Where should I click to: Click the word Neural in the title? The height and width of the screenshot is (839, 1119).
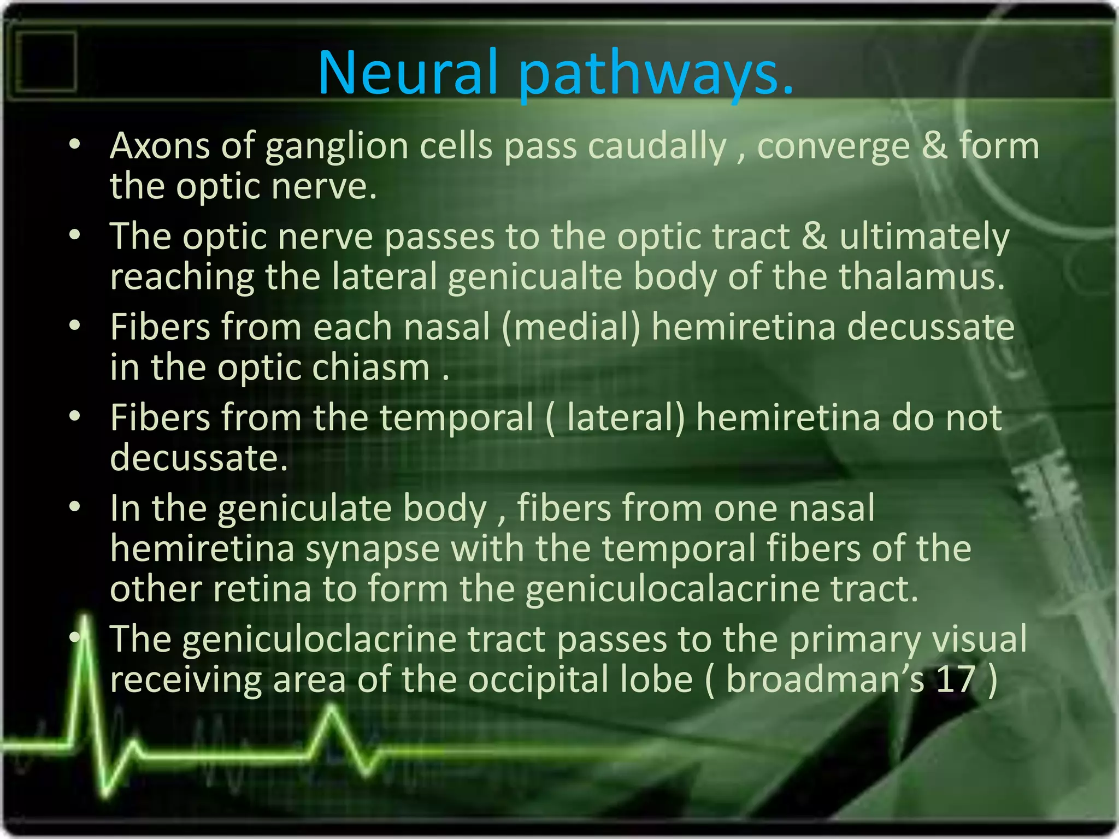tap(407, 72)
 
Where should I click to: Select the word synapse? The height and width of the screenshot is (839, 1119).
tap(372, 548)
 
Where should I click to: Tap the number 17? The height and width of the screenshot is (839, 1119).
tap(956, 679)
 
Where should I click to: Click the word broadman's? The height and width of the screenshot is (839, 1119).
tap(824, 679)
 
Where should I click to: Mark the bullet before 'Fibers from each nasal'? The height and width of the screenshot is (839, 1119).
tap(75, 326)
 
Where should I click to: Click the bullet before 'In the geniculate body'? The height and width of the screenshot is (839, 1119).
tap(75, 507)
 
